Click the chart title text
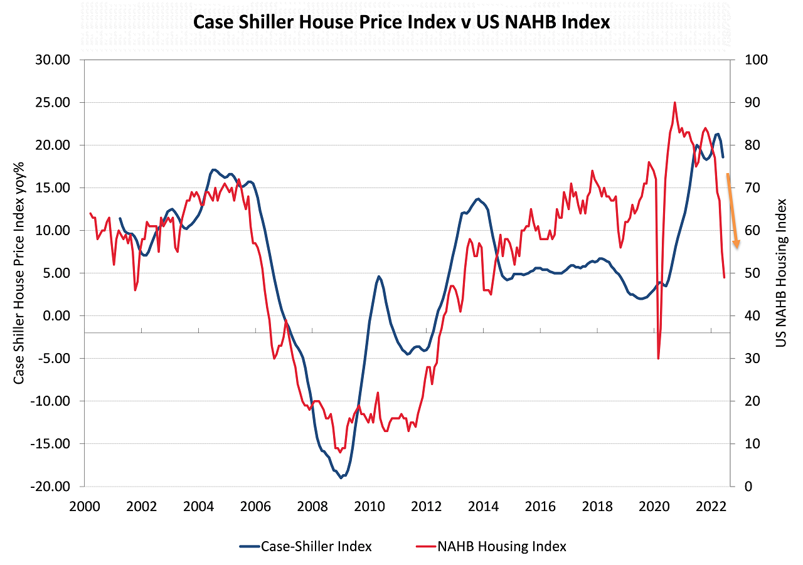[x=401, y=22]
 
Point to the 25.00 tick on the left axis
[x=51, y=102]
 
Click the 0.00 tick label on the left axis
[x=55, y=315]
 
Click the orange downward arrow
[x=733, y=211]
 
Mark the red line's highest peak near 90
[x=674, y=102]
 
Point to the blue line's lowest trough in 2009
[x=341, y=478]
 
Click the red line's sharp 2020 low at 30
[x=658, y=359]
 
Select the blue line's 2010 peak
[x=379, y=276]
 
